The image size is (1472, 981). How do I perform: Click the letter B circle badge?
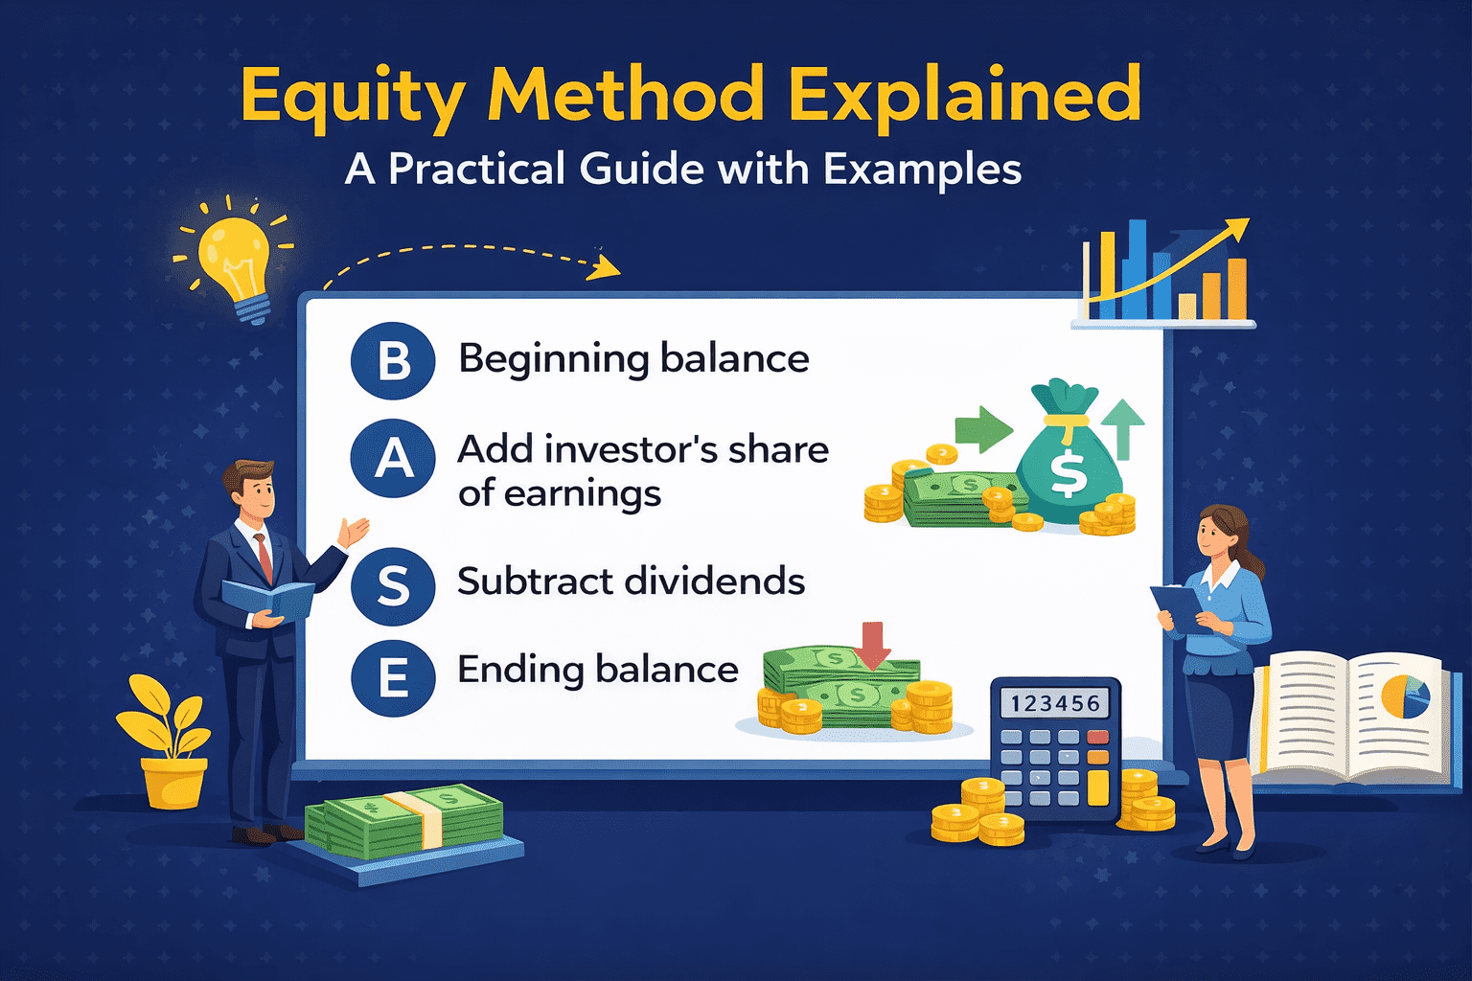pyautogui.click(x=393, y=361)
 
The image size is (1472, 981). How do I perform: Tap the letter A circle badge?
pyautogui.click(x=393, y=458)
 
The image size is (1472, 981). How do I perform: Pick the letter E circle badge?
pyautogui.click(x=393, y=678)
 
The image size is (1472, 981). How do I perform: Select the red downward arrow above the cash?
pyautogui.click(x=872, y=645)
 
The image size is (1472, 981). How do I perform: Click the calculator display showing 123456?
pyautogui.click(x=1054, y=704)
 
